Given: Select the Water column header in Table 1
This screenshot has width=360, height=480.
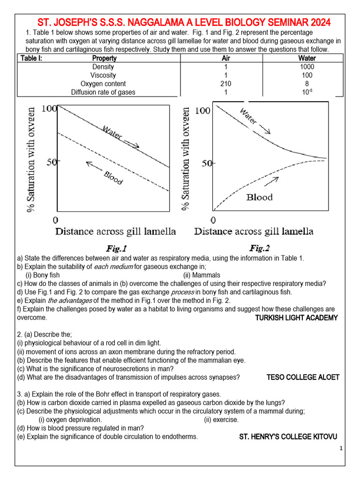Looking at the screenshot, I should pyautogui.click(x=307, y=58).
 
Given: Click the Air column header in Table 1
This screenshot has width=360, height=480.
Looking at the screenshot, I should pyautogui.click(x=226, y=58).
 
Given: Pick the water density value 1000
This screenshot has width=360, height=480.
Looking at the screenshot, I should pyautogui.click(x=307, y=67).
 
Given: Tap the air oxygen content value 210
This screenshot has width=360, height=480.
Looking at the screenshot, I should pyautogui.click(x=225, y=83).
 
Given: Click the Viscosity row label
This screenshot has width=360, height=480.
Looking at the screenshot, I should pyautogui.click(x=103, y=75).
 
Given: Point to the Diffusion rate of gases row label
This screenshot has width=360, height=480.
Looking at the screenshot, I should pyautogui.click(x=103, y=92).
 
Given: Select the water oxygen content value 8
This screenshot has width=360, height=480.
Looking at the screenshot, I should pyautogui.click(x=307, y=83).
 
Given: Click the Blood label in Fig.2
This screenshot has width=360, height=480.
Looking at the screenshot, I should pyautogui.click(x=259, y=197).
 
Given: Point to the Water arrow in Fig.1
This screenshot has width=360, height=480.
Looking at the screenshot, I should pyautogui.click(x=132, y=145).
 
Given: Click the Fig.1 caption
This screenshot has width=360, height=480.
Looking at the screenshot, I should pyautogui.click(x=116, y=248).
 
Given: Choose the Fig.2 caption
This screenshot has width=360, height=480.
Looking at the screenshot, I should pyautogui.click(x=259, y=248).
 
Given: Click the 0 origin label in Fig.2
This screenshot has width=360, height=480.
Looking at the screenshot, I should pyautogui.click(x=213, y=219).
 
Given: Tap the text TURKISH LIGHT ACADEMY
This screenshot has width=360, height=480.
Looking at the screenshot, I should pyautogui.click(x=296, y=318).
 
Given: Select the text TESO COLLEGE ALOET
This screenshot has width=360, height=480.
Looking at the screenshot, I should pyautogui.click(x=302, y=377).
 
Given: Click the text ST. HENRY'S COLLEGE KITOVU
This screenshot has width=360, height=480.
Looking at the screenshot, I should pyautogui.click(x=288, y=436).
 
